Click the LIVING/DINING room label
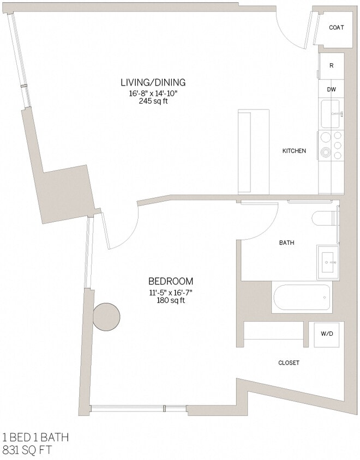click(153, 82)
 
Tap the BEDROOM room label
click(171, 281)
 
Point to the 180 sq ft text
click(171, 300)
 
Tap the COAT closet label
click(336, 27)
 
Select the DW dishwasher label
click(331, 89)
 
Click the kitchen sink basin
click(330, 113)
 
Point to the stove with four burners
click(331, 146)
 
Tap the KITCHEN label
click(294, 151)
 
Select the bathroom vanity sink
click(329, 263)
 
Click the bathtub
click(301, 298)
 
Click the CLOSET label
click(289, 363)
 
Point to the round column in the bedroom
click(106, 317)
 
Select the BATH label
click(287, 243)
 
